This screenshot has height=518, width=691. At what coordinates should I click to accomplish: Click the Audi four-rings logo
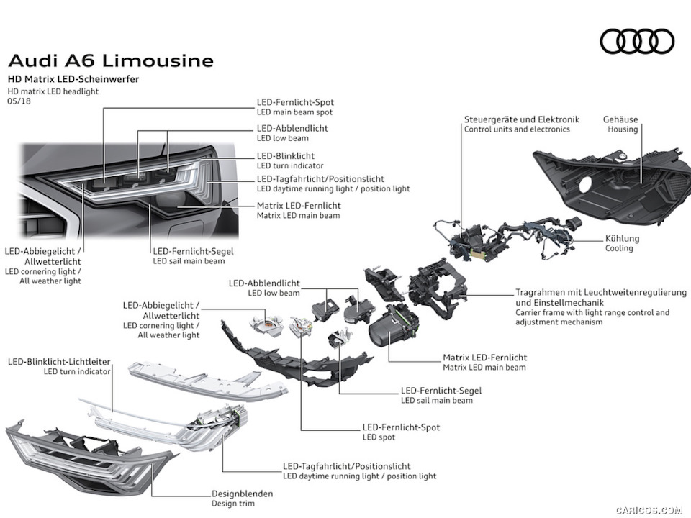coord(637,41)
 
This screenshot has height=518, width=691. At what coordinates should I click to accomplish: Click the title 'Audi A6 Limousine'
coord(110,60)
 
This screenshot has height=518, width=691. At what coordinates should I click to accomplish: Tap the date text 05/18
coord(19,101)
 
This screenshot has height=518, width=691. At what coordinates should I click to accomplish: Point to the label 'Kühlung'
coord(622,238)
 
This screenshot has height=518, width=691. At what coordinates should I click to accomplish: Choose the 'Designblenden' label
coord(242,494)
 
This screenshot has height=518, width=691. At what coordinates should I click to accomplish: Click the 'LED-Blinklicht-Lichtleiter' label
coord(59,361)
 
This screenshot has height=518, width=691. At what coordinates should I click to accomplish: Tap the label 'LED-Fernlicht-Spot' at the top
coord(295,102)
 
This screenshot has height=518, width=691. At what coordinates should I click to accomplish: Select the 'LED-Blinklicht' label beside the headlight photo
coord(286,155)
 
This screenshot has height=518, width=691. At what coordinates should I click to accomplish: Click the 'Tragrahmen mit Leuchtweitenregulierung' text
coord(600,294)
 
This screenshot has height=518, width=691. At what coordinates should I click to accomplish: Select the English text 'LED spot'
coord(380,437)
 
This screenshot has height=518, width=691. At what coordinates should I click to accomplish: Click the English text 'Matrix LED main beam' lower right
coord(484,368)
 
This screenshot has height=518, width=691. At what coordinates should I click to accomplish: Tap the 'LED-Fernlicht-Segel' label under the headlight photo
coord(193,251)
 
